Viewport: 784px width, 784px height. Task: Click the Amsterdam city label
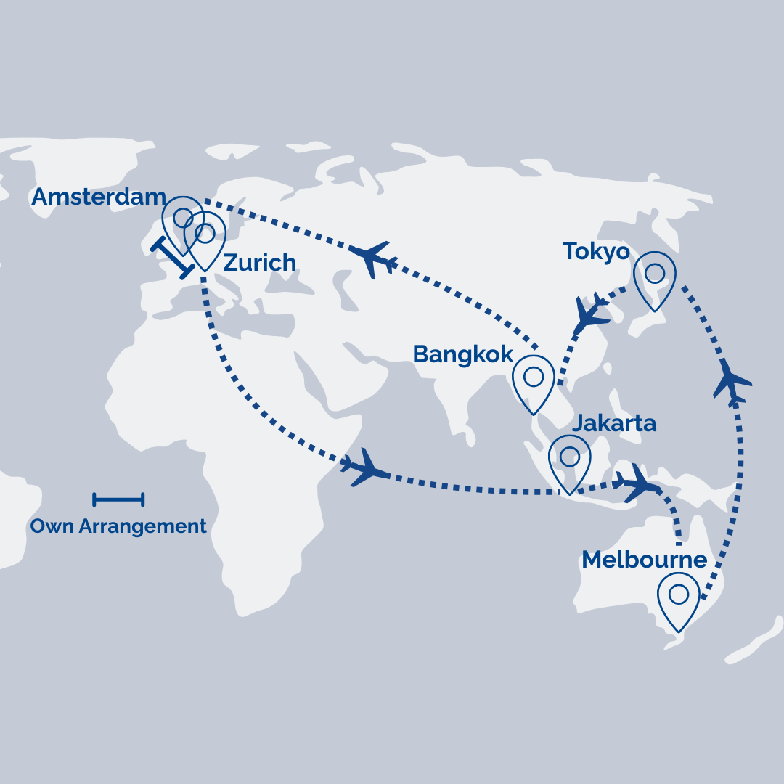tap(99, 196)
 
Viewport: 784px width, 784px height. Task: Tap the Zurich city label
tap(259, 262)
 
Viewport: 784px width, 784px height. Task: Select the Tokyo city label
tap(596, 252)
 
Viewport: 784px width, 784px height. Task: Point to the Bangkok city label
tap(463, 354)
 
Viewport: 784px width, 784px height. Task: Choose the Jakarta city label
tap(614, 422)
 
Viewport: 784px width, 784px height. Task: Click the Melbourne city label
tap(644, 560)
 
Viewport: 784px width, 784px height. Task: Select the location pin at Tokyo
tap(655, 275)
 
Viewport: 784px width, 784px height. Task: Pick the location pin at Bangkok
tap(534, 378)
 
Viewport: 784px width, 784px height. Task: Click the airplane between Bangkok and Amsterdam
tap(373, 259)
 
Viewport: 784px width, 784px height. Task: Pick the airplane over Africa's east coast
tap(365, 468)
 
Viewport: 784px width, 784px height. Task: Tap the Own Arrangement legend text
tap(118, 526)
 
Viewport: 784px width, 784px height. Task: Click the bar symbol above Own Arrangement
tap(118, 499)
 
